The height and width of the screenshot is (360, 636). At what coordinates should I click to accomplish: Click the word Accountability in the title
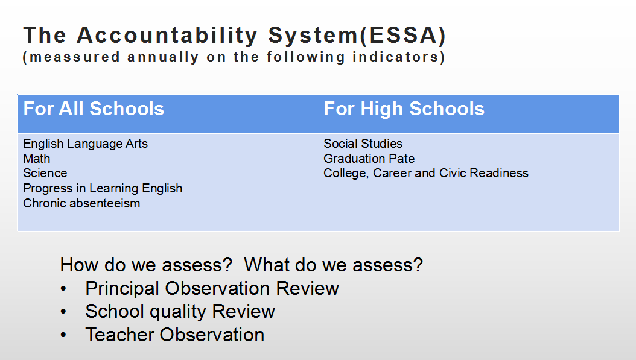pyautogui.click(x=167, y=36)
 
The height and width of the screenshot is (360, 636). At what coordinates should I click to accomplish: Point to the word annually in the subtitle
pyautogui.click(x=163, y=57)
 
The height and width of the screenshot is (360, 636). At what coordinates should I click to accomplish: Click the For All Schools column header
pyautogui.click(x=94, y=109)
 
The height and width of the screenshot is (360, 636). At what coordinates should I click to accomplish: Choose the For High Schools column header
pyautogui.click(x=404, y=109)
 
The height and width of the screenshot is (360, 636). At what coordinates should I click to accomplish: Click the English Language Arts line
pyautogui.click(x=85, y=144)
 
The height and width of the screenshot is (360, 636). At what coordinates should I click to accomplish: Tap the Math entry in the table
pyautogui.click(x=36, y=159)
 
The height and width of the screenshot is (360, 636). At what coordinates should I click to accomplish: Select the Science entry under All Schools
pyautogui.click(x=45, y=173)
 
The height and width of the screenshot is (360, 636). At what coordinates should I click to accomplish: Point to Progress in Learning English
pyautogui.click(x=103, y=189)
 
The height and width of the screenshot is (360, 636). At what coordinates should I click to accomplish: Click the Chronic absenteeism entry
pyautogui.click(x=81, y=203)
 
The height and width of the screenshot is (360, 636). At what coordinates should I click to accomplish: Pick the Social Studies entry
pyautogui.click(x=363, y=144)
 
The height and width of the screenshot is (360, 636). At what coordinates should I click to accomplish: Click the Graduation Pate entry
pyautogui.click(x=369, y=159)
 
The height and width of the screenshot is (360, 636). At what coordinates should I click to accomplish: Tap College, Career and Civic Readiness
pyautogui.click(x=426, y=174)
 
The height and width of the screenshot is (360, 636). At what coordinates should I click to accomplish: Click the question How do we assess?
pyautogui.click(x=146, y=265)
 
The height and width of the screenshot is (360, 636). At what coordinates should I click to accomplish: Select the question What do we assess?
pyautogui.click(x=334, y=265)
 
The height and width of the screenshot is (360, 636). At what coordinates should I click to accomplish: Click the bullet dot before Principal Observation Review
pyautogui.click(x=63, y=289)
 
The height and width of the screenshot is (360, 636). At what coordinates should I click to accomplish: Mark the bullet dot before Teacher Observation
pyautogui.click(x=63, y=335)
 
